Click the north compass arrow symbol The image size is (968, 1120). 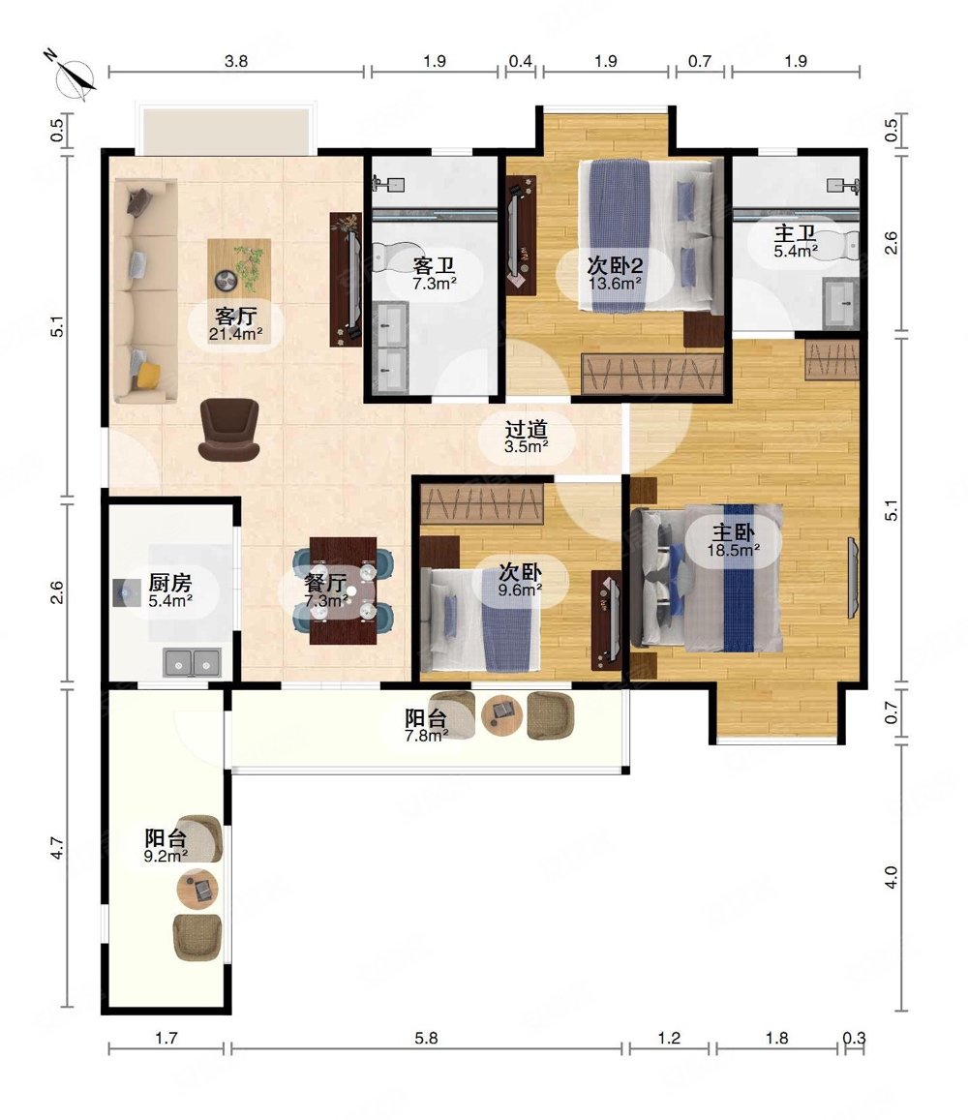(75, 76)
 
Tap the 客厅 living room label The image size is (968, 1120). (236, 316)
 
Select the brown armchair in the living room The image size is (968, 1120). (228, 429)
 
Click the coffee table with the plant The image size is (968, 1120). (239, 269)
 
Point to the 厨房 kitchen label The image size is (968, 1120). (170, 583)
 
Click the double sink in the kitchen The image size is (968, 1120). (193, 663)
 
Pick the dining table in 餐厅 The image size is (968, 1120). (343, 590)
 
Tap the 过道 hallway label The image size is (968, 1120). (526, 429)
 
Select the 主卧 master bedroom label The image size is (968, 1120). (733, 532)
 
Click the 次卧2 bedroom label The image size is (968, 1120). (615, 265)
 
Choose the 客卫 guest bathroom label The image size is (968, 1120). (434, 265)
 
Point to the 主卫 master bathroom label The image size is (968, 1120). (795, 233)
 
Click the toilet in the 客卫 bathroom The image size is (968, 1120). (389, 257)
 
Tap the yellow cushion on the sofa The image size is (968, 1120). (147, 375)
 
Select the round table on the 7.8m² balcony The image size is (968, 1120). (501, 715)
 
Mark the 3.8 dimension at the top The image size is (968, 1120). (236, 61)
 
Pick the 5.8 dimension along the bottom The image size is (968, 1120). (426, 1038)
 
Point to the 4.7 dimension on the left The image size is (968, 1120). (58, 848)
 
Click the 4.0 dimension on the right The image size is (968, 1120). (891, 876)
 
